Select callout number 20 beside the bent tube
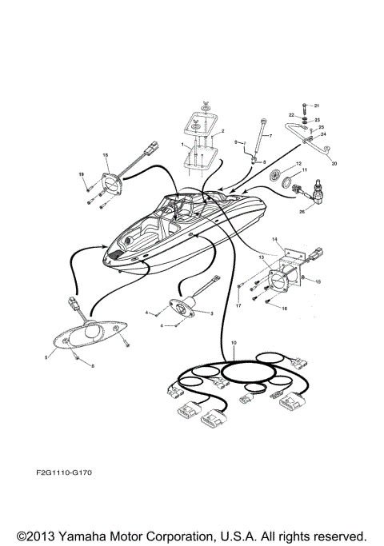334,163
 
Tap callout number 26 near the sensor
302,211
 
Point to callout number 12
298,163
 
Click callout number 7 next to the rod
271,136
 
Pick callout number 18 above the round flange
105,153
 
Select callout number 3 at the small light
211,313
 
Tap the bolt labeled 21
306,108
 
